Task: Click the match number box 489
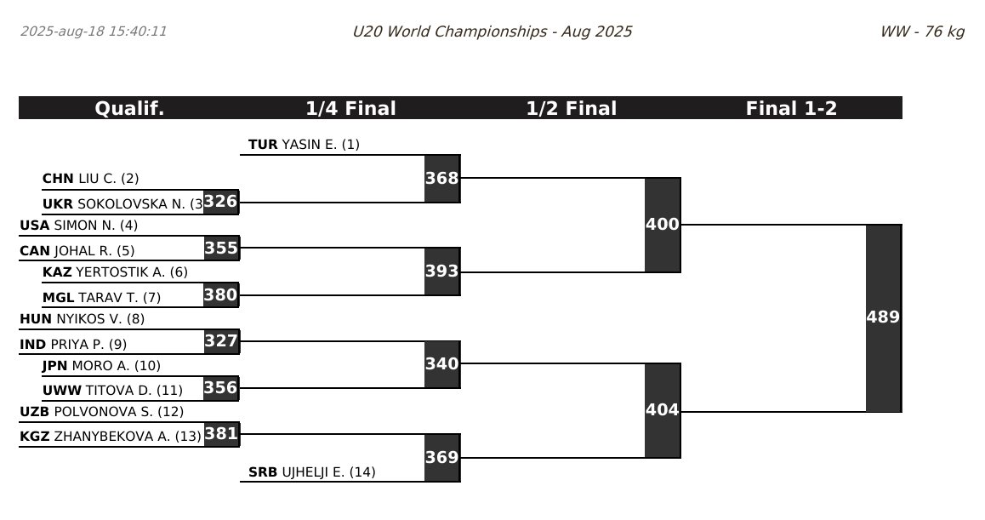point(883,317)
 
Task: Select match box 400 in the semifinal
point(663,225)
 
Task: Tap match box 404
point(663,410)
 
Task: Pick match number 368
point(442,179)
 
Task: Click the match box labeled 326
point(221,202)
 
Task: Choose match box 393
point(442,271)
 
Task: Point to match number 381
point(221,434)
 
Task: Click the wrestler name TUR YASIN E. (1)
point(304,145)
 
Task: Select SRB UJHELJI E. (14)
point(311,472)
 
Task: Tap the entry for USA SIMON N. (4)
point(78,226)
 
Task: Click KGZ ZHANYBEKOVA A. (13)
point(111,437)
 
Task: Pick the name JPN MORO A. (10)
point(101,366)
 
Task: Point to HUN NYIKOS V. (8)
point(82,319)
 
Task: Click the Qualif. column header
point(129,108)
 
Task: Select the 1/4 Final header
point(350,108)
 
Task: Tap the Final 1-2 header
point(791,108)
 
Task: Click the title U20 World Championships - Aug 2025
point(492,31)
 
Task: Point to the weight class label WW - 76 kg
point(922,31)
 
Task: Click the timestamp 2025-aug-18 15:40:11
point(94,31)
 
